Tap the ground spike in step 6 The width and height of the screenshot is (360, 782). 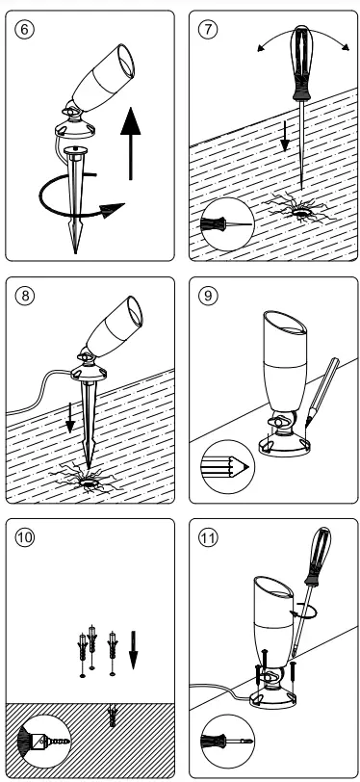[x=76, y=202]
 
